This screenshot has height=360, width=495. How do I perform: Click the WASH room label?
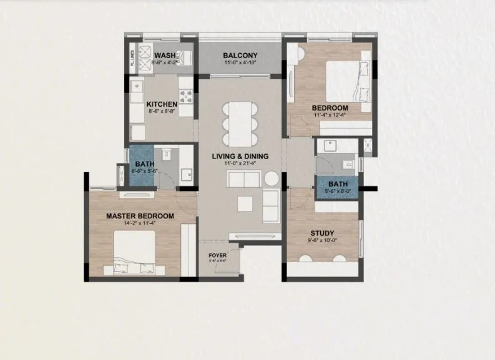(165, 55)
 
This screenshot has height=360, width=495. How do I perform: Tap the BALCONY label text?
(240, 55)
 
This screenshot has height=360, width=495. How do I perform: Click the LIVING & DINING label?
(239, 156)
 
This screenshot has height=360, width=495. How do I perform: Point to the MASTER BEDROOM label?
(140, 216)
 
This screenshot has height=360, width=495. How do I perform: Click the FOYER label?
(218, 256)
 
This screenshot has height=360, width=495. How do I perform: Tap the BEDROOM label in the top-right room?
(330, 108)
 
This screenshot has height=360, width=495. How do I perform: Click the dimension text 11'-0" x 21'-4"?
(239, 163)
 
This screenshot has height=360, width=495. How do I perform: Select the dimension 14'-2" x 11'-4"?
(140, 224)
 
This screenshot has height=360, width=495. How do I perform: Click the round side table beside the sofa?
(270, 178)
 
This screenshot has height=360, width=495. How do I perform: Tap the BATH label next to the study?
(338, 185)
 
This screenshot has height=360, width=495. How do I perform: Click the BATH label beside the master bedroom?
(140, 165)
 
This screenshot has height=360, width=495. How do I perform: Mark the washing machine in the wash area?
(141, 52)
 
